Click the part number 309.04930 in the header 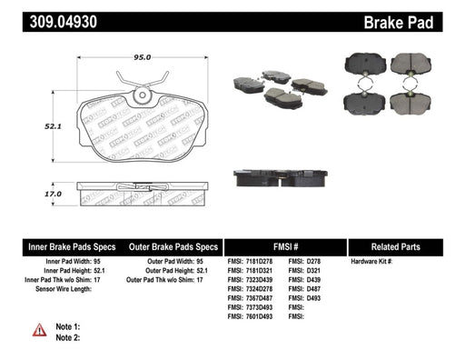pos(64,22)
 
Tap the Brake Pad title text pos(399,23)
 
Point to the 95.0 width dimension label pos(143,57)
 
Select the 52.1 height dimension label pos(53,126)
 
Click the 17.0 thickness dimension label pos(53,194)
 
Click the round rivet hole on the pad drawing pos(143,95)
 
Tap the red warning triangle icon pos(40,330)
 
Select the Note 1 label pos(68,326)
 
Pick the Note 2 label pos(68,337)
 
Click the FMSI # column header pos(285,247)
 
